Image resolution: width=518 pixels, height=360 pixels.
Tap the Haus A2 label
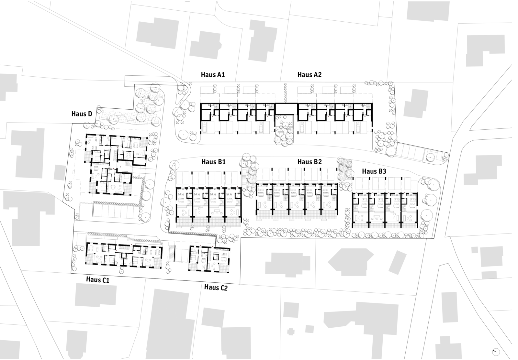tap(309, 75)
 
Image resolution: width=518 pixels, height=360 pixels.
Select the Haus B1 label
tap(213, 161)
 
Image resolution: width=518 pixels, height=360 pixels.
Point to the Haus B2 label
tap(310, 161)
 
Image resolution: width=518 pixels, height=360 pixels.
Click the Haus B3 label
tap(374, 171)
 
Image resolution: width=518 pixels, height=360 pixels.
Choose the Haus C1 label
tap(97, 279)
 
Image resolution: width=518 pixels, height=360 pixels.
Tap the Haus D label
tap(82, 114)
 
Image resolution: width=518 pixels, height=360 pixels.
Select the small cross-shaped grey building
tap(291, 332)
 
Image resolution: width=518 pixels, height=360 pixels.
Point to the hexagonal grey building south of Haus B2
tap(351, 262)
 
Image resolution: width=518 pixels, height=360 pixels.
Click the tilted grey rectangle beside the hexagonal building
tap(398, 262)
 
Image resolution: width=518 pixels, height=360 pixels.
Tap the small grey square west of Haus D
tap(60, 172)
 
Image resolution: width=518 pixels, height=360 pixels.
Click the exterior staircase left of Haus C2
tap(171, 254)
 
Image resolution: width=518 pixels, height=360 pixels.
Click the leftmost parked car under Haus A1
tap(204, 128)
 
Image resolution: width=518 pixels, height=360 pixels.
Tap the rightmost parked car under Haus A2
tap(358, 128)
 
